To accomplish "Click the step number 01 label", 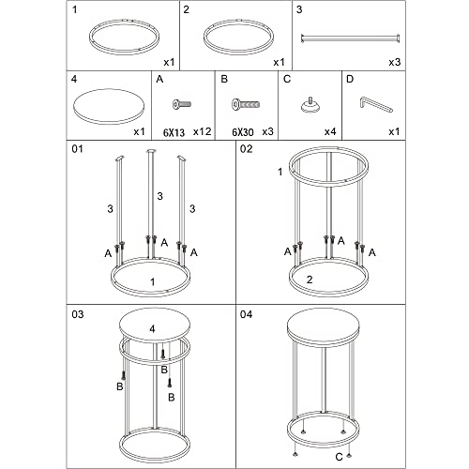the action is click(x=77, y=149).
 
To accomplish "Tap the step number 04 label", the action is click(x=246, y=314).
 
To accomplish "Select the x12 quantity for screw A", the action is click(x=202, y=131).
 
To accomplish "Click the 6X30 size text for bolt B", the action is click(x=242, y=132).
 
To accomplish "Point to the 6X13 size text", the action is click(x=174, y=132).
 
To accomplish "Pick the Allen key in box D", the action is click(x=376, y=105).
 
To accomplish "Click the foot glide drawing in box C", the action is click(x=310, y=105).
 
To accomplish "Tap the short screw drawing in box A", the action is click(x=182, y=104).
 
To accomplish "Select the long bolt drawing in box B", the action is click(x=246, y=104).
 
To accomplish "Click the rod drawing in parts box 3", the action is click(x=350, y=38).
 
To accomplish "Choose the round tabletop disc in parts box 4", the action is click(x=109, y=107).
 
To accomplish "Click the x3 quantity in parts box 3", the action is click(x=395, y=62).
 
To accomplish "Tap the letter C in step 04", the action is click(x=339, y=457).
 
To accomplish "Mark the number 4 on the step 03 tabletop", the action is click(x=152, y=328).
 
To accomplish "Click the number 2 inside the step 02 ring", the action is click(x=310, y=280).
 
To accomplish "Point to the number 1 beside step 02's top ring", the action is click(x=280, y=172).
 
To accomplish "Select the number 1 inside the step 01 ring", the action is click(x=153, y=282).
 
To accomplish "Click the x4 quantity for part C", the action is click(x=330, y=131).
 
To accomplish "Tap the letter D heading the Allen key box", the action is click(x=350, y=79).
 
